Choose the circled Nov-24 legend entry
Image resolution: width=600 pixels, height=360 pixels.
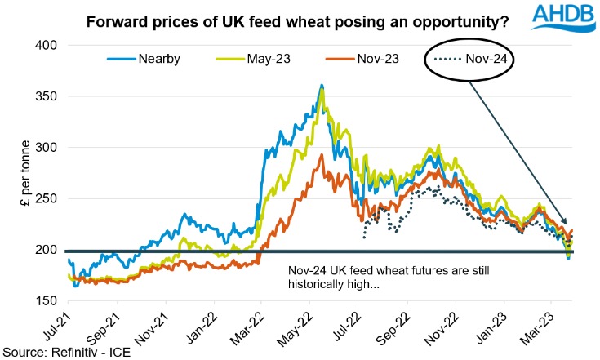(x=488, y=58)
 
